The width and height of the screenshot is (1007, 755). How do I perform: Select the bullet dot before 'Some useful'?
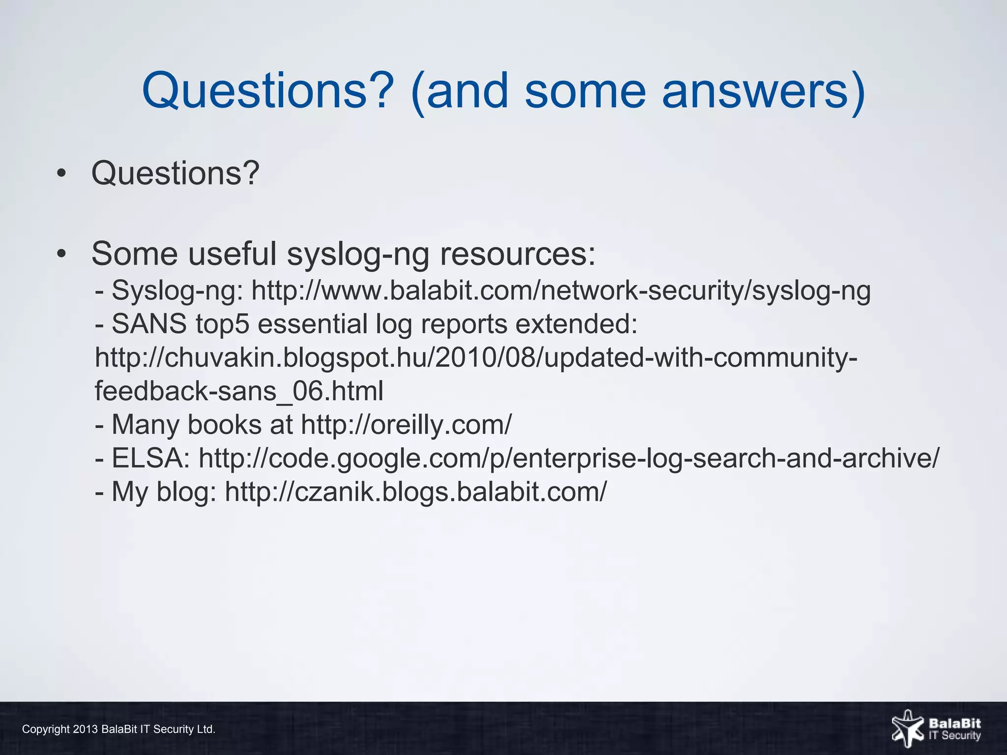point(61,254)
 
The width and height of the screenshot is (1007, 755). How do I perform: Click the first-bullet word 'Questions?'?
point(175,174)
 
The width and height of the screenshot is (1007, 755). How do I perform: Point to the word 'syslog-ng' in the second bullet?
point(357,254)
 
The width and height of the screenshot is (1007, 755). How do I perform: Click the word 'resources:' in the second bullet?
point(517,254)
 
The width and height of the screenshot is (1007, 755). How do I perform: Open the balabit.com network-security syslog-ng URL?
point(561,291)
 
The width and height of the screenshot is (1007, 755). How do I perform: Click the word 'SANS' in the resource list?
point(149,324)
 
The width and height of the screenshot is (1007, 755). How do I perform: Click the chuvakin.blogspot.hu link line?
point(476,358)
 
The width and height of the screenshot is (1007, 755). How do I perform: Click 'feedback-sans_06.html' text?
point(239,391)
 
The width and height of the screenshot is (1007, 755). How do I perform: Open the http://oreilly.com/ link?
point(406,425)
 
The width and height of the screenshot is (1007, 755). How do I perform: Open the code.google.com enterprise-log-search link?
point(569,458)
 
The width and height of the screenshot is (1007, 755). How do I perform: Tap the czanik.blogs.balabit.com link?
point(416,492)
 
